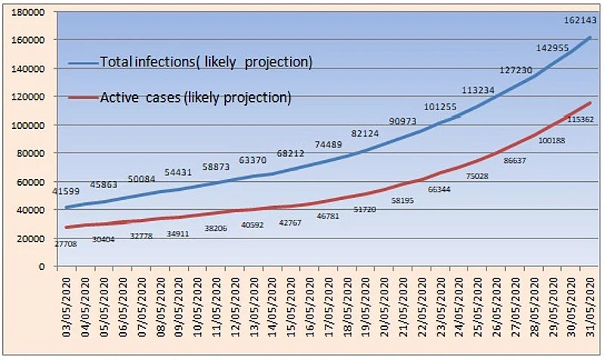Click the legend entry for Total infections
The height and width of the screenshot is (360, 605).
[206, 60]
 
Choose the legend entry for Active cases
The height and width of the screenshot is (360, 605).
[196, 97]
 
